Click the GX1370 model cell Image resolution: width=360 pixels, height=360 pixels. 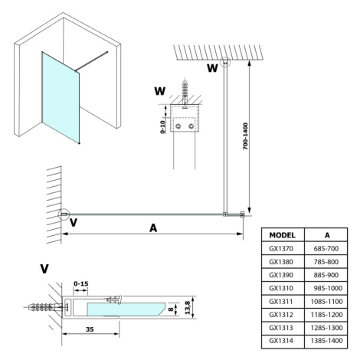pyautogui.click(x=281, y=248)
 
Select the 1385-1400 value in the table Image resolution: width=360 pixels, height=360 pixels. pyautogui.click(x=326, y=341)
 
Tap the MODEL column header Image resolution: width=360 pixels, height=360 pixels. pyautogui.click(x=282, y=235)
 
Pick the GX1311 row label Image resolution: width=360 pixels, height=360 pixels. pyautogui.click(x=281, y=302)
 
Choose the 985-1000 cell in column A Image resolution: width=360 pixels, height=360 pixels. pyautogui.click(x=328, y=288)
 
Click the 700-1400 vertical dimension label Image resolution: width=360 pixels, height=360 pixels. pyautogui.click(x=245, y=136)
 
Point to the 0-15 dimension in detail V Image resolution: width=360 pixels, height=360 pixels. pyautogui.click(x=80, y=283)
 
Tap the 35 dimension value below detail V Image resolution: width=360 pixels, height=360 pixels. pyautogui.click(x=90, y=329)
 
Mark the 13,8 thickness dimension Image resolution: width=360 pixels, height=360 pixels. pyautogui.click(x=188, y=307)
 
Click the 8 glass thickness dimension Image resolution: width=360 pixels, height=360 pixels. pyautogui.click(x=172, y=309)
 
